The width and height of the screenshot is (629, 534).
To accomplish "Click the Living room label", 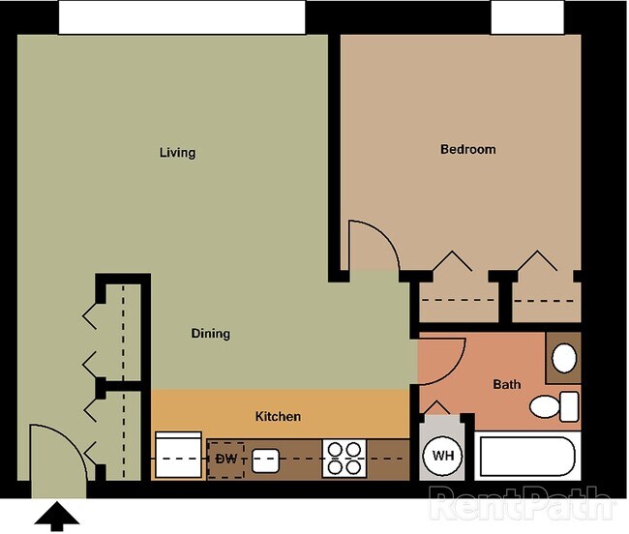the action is (177, 153).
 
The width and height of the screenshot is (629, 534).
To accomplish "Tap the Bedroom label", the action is (467, 150).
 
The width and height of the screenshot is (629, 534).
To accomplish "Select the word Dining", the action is (211, 334).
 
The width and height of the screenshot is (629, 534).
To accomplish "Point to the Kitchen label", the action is (278, 417).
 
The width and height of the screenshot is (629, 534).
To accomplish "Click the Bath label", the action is (507, 384).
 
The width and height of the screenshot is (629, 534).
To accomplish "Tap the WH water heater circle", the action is (443, 456).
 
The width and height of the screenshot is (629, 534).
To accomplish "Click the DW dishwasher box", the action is (225, 460).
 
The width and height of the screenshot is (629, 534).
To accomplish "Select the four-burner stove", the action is (344, 459).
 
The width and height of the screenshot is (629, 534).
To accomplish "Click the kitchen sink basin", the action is (265, 460).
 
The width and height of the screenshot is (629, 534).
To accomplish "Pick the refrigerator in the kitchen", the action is (178, 455).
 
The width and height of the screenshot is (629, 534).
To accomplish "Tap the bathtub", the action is (527, 457).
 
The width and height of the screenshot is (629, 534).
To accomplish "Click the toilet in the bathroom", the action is (554, 406).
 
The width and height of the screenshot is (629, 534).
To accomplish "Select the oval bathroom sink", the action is (564, 358).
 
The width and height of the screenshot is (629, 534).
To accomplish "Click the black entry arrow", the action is (56, 516).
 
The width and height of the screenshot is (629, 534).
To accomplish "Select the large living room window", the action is (182, 17).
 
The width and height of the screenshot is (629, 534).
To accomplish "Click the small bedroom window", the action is (527, 17).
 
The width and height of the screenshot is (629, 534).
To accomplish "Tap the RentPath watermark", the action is (521, 503).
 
